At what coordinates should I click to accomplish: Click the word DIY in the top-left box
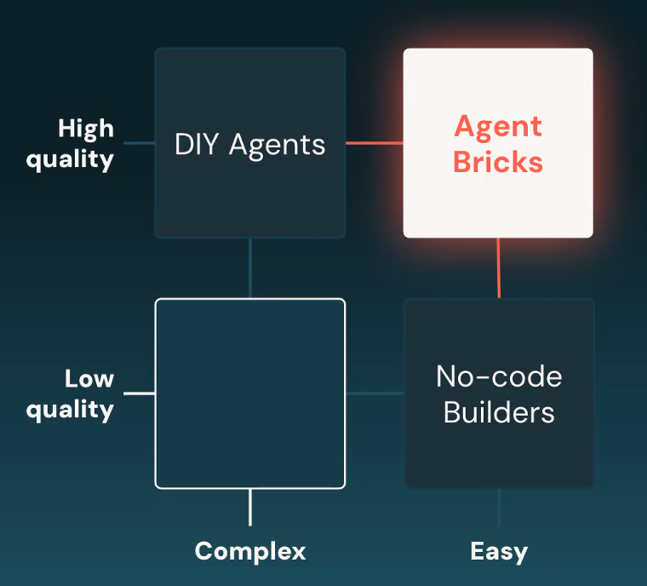point(193,144)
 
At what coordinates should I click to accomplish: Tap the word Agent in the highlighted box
point(498,127)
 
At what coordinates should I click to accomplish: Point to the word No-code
point(499,376)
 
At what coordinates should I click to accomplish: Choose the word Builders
point(499,413)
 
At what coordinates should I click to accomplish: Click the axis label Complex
point(249,551)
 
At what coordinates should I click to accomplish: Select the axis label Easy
point(499,551)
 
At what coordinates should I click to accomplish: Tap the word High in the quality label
point(85,129)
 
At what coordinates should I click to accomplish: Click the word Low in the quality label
point(89,379)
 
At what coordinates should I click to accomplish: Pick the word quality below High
point(70,159)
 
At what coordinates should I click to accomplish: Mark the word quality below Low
point(70,410)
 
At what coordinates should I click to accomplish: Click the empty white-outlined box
point(249,393)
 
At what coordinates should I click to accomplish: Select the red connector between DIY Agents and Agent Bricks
point(374,143)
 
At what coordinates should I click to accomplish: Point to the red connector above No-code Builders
point(499,267)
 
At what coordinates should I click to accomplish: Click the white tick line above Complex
point(249,508)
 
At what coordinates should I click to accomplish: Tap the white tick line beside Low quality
point(139,394)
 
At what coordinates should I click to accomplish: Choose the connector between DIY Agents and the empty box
point(249,267)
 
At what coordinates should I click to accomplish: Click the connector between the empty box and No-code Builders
point(375,394)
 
